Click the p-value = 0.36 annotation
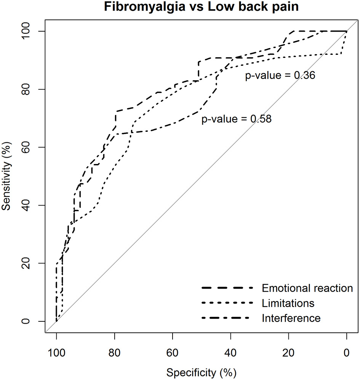click(280, 76)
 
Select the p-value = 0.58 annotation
click(237, 119)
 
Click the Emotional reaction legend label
click(307, 288)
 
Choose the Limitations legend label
click(288, 303)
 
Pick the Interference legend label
click(291, 318)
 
